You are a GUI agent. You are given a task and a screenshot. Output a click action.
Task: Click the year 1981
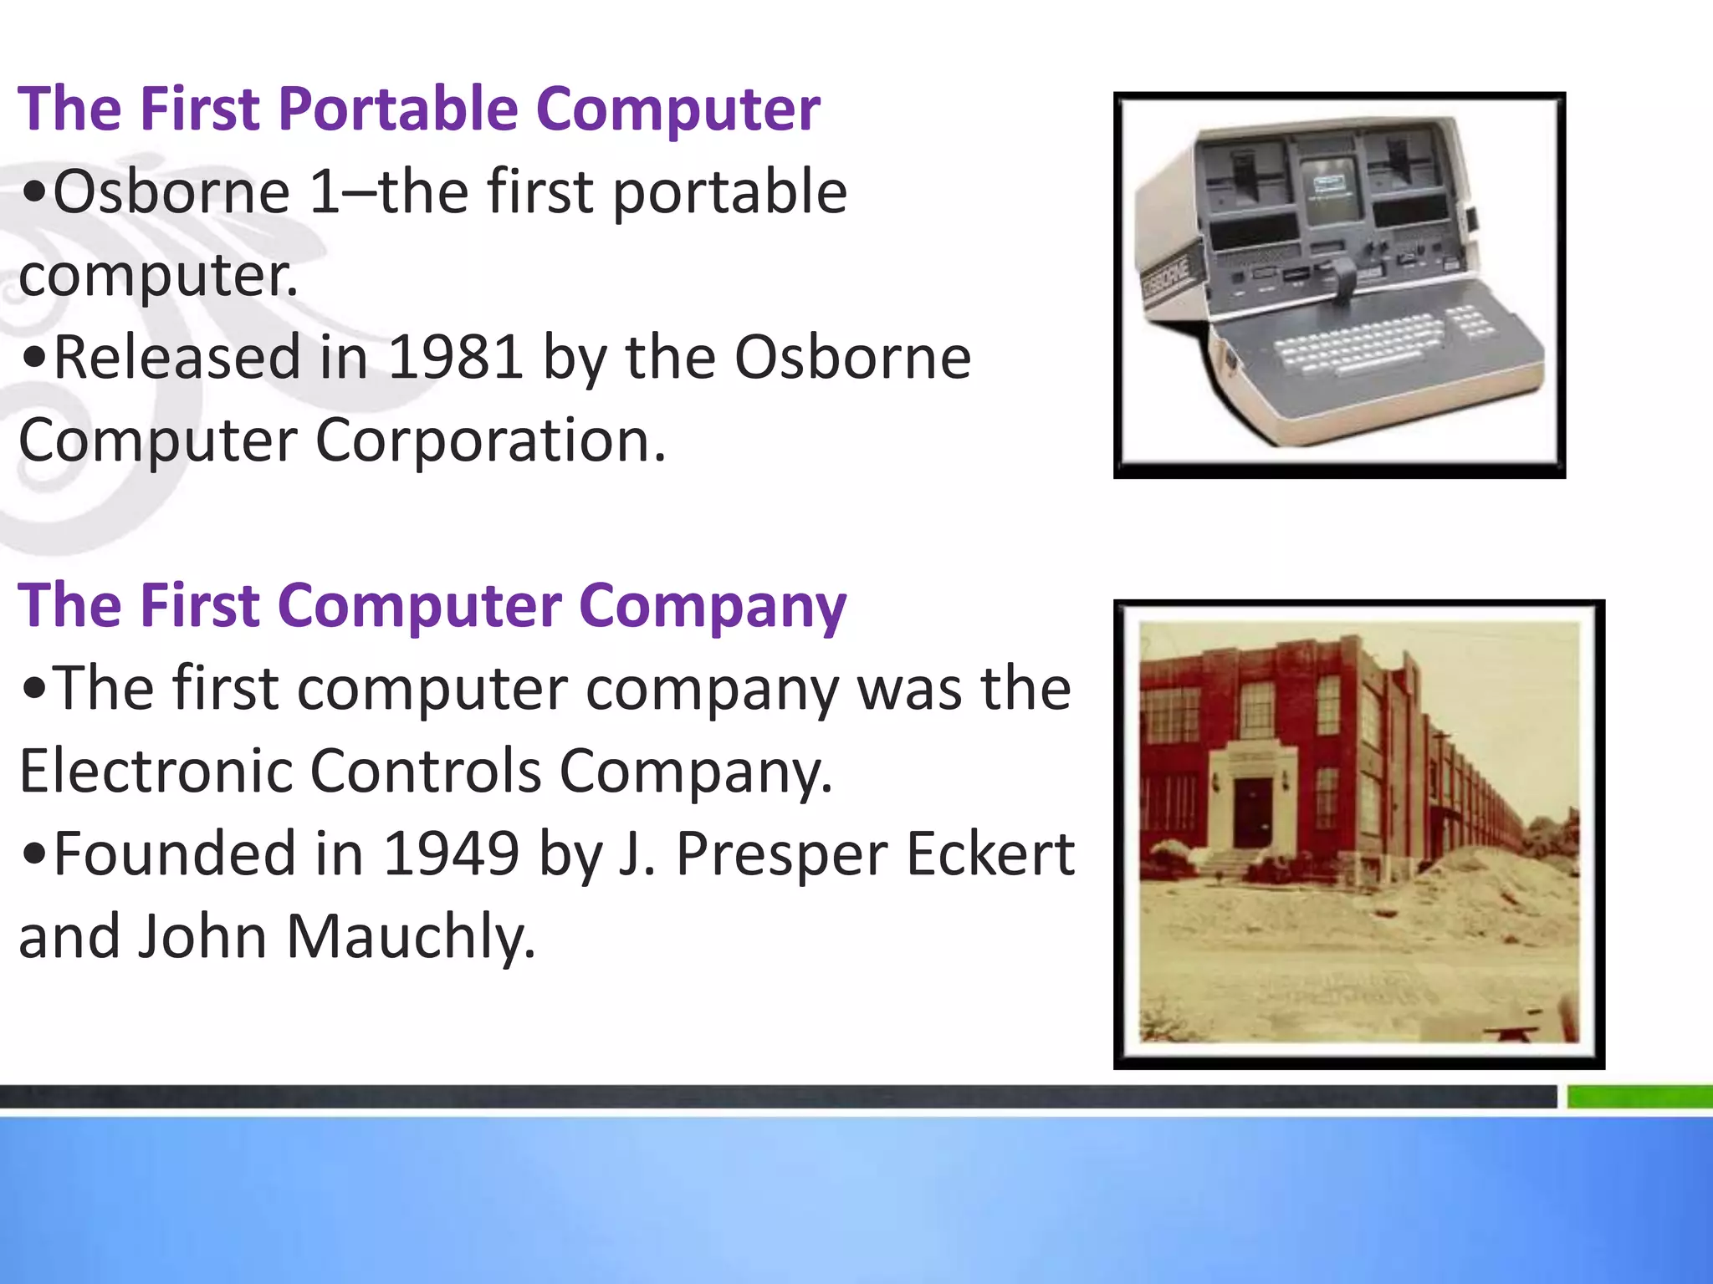[456, 358]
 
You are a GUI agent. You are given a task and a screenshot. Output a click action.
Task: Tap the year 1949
[451, 854]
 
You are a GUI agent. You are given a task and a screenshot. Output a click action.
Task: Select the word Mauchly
[410, 937]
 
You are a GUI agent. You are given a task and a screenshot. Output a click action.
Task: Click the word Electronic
[155, 771]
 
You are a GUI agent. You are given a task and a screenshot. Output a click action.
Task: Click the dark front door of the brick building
[1252, 813]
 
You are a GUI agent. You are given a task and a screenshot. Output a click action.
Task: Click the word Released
[176, 358]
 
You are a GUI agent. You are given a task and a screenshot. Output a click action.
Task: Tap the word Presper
[781, 854]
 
